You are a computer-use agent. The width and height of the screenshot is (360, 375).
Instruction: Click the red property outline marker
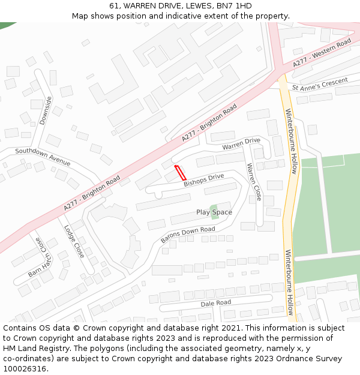[179, 172]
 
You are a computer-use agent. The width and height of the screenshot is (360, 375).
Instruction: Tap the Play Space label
[214, 212]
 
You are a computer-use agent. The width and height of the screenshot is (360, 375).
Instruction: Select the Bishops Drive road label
[204, 179]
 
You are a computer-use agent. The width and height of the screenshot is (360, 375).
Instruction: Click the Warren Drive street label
[241, 144]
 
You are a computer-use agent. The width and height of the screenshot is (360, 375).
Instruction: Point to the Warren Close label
[254, 182]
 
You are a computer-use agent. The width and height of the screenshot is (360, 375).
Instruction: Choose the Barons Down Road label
[188, 235]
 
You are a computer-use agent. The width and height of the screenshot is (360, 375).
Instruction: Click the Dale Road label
[215, 303]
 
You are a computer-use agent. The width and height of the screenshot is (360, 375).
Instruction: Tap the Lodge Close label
[74, 241]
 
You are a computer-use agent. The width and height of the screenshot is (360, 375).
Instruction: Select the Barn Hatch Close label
[37, 257]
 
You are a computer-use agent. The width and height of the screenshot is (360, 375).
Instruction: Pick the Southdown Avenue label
[43, 157]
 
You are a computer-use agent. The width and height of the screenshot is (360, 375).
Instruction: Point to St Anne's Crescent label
[320, 84]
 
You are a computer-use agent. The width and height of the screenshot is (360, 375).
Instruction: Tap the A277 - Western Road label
[322, 53]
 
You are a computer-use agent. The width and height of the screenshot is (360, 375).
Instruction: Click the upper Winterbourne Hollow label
[291, 141]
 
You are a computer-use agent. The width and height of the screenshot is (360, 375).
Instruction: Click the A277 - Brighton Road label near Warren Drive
[209, 123]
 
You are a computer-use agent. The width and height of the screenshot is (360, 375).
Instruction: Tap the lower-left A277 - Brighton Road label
[92, 193]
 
